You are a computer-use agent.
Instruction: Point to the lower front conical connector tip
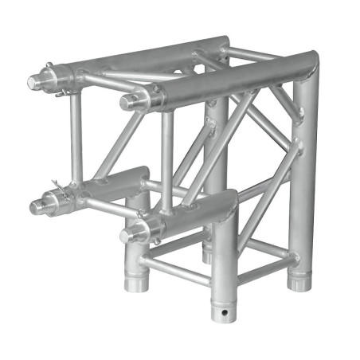(x=126, y=234)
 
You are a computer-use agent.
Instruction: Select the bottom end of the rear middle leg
(x=208, y=253)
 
